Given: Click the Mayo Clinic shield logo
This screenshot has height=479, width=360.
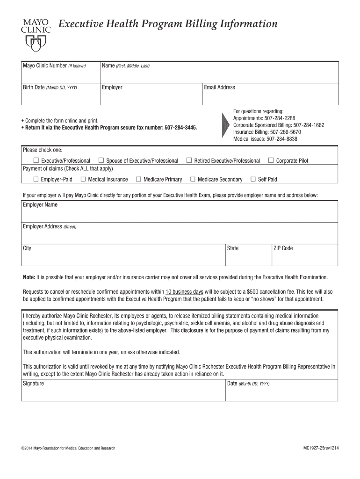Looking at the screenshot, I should (36, 43).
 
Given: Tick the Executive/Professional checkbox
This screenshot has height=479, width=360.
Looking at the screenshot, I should (36, 160).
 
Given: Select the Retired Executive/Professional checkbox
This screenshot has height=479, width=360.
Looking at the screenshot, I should (189, 160).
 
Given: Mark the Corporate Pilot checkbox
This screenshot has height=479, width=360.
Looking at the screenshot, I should (271, 160).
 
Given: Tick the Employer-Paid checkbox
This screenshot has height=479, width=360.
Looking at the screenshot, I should (36, 179).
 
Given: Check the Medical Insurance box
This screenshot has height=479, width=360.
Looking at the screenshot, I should (83, 179).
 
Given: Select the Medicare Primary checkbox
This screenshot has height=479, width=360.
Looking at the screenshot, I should (138, 179).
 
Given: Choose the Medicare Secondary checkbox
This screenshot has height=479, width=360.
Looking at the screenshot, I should (193, 179).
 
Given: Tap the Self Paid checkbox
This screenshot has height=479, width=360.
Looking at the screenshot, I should (253, 179).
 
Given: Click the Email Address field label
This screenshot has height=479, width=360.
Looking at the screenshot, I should (219, 87).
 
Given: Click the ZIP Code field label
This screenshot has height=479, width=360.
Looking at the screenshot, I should (283, 248).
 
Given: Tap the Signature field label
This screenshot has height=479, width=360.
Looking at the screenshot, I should (33, 384).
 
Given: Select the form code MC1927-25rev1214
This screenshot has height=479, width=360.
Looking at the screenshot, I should (321, 448).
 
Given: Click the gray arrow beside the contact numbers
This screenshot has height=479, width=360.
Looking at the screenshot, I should (225, 124).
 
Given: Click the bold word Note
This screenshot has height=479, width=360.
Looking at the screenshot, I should (29, 276).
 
